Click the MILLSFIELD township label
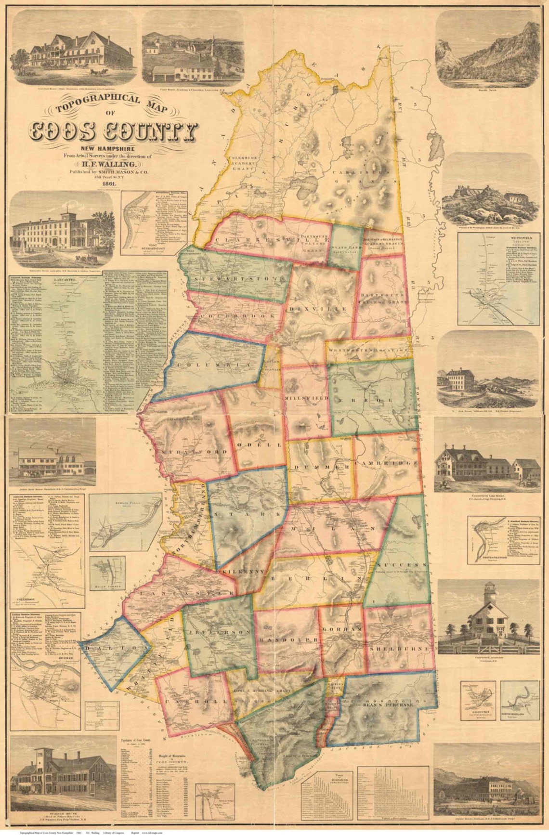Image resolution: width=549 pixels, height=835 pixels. click(x=307, y=399)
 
